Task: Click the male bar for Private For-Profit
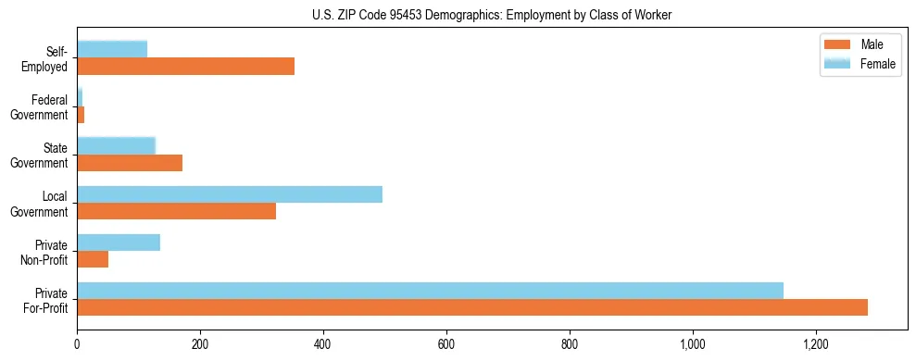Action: [472, 307]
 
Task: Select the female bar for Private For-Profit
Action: [430, 291]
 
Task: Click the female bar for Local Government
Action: [230, 194]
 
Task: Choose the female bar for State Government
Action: [116, 146]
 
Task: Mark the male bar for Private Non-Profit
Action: [93, 259]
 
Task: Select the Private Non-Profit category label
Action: [47, 252]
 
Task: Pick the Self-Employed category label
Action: [47, 59]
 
